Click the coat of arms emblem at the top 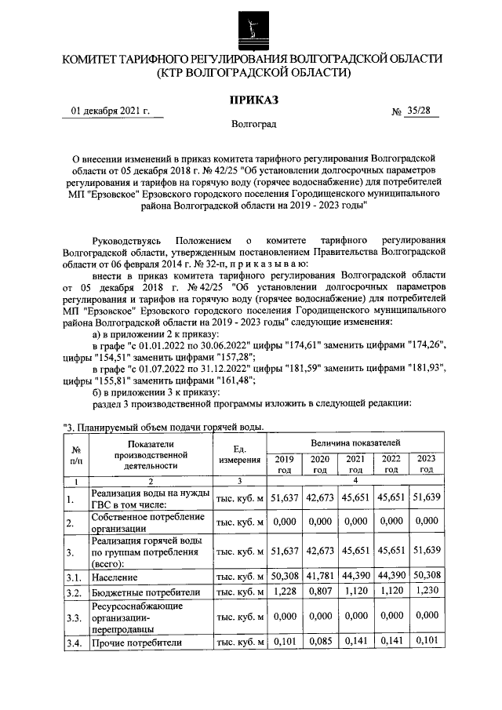(x=252, y=31)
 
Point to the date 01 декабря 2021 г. (x=111, y=111)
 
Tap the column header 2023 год (x=426, y=464)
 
